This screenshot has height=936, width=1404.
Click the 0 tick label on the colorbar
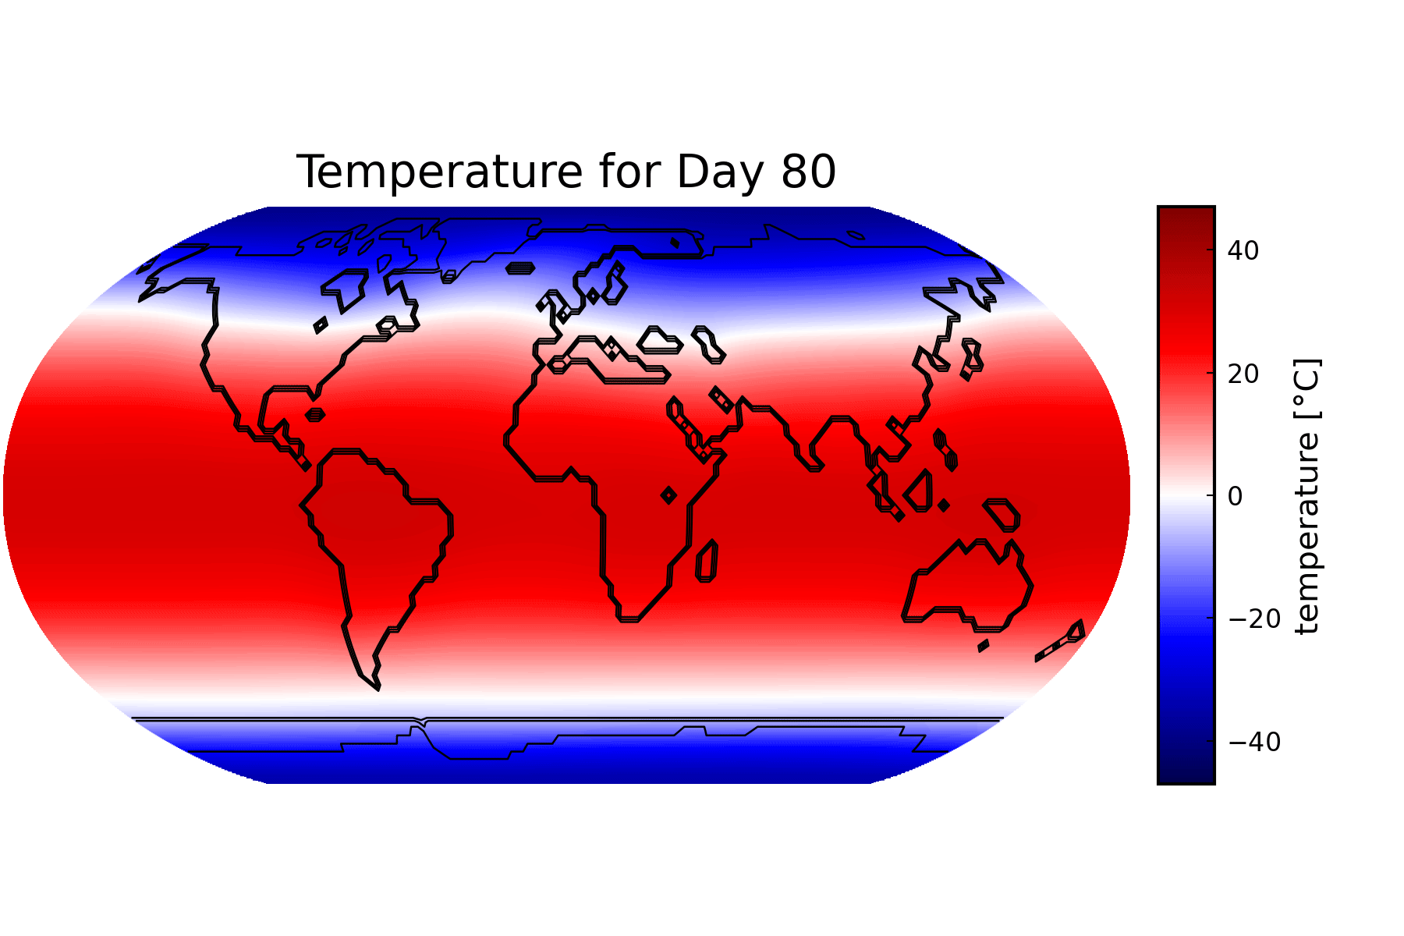1236,496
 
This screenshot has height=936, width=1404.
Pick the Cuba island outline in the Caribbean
315,415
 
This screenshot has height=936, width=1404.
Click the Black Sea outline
660,340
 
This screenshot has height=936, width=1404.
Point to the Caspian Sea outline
709,345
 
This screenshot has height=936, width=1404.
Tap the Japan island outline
972,359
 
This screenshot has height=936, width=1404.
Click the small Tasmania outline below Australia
984,646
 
